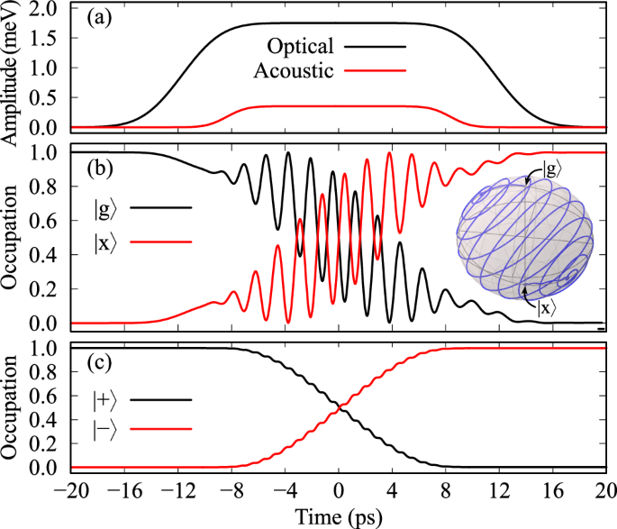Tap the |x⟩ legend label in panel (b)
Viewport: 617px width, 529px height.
pyautogui.click(x=104, y=242)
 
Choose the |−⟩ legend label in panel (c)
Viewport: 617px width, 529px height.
pyautogui.click(x=105, y=433)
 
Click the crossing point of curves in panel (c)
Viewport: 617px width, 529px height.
pyautogui.click(x=335, y=409)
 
